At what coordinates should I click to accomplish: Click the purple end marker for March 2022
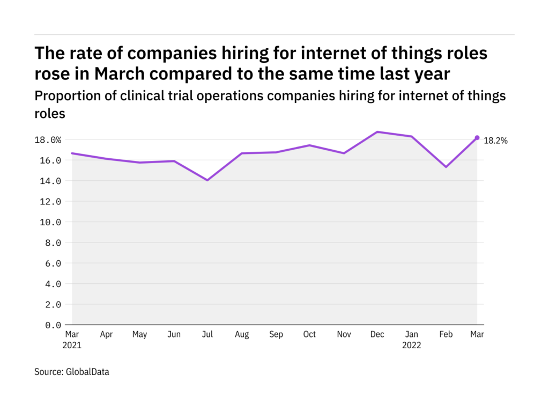tap(477, 138)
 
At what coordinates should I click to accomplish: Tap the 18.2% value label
tap(496, 141)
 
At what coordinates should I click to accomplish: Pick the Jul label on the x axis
tap(207, 335)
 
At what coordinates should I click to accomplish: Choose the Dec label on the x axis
tap(377, 335)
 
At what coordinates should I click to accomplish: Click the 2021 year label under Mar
tap(72, 345)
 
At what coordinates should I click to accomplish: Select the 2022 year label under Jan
tap(412, 345)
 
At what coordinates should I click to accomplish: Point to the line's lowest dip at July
tap(207, 180)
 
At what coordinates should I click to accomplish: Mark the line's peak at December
tap(377, 132)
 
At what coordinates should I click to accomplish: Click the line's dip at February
tap(445, 167)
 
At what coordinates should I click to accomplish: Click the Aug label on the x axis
tap(242, 335)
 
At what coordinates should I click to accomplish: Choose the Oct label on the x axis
tap(310, 335)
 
